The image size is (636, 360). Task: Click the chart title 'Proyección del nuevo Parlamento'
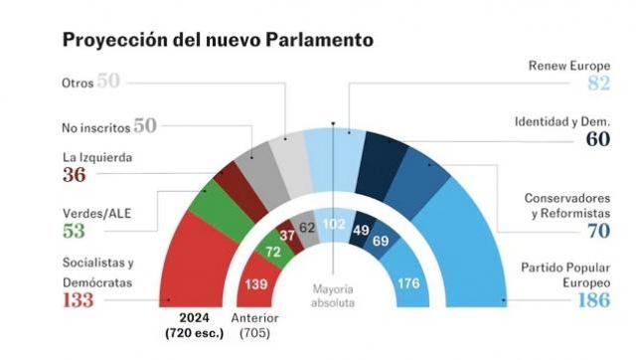click(219, 40)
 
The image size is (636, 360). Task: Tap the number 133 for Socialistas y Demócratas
click(83, 301)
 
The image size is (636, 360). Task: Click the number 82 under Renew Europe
click(598, 84)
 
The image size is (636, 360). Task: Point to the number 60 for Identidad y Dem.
click(597, 139)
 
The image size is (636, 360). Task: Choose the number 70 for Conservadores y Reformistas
click(596, 231)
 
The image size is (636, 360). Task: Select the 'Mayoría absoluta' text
click(333, 293)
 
